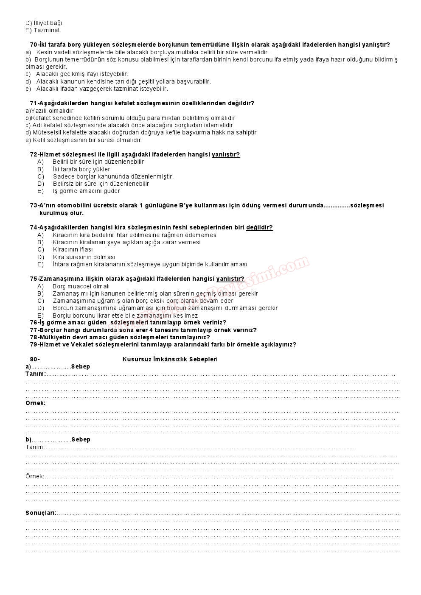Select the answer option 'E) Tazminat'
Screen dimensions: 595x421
click(x=42, y=30)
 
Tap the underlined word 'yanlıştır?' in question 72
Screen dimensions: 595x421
click(x=226, y=154)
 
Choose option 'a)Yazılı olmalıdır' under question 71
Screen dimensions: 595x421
click(x=49, y=111)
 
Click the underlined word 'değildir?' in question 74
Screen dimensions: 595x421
click(x=259, y=227)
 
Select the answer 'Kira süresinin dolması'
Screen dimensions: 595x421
click(x=84, y=257)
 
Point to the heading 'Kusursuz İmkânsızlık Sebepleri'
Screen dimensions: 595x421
click(x=170, y=359)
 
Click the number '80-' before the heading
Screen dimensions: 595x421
click(x=35, y=359)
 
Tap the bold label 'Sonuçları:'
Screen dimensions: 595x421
click(x=41, y=513)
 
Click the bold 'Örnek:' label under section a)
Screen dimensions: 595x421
click(x=35, y=403)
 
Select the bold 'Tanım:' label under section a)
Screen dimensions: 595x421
click(x=36, y=374)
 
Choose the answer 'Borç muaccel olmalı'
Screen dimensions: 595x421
click(x=81, y=286)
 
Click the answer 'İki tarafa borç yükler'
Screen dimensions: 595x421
click(x=81, y=169)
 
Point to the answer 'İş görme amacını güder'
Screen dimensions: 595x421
click(x=86, y=191)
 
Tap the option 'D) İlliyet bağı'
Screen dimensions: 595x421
click(x=44, y=23)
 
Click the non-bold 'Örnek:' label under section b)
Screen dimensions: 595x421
click(x=35, y=476)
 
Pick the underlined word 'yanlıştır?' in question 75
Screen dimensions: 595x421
click(x=230, y=279)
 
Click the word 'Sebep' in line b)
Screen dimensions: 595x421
click(x=81, y=439)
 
